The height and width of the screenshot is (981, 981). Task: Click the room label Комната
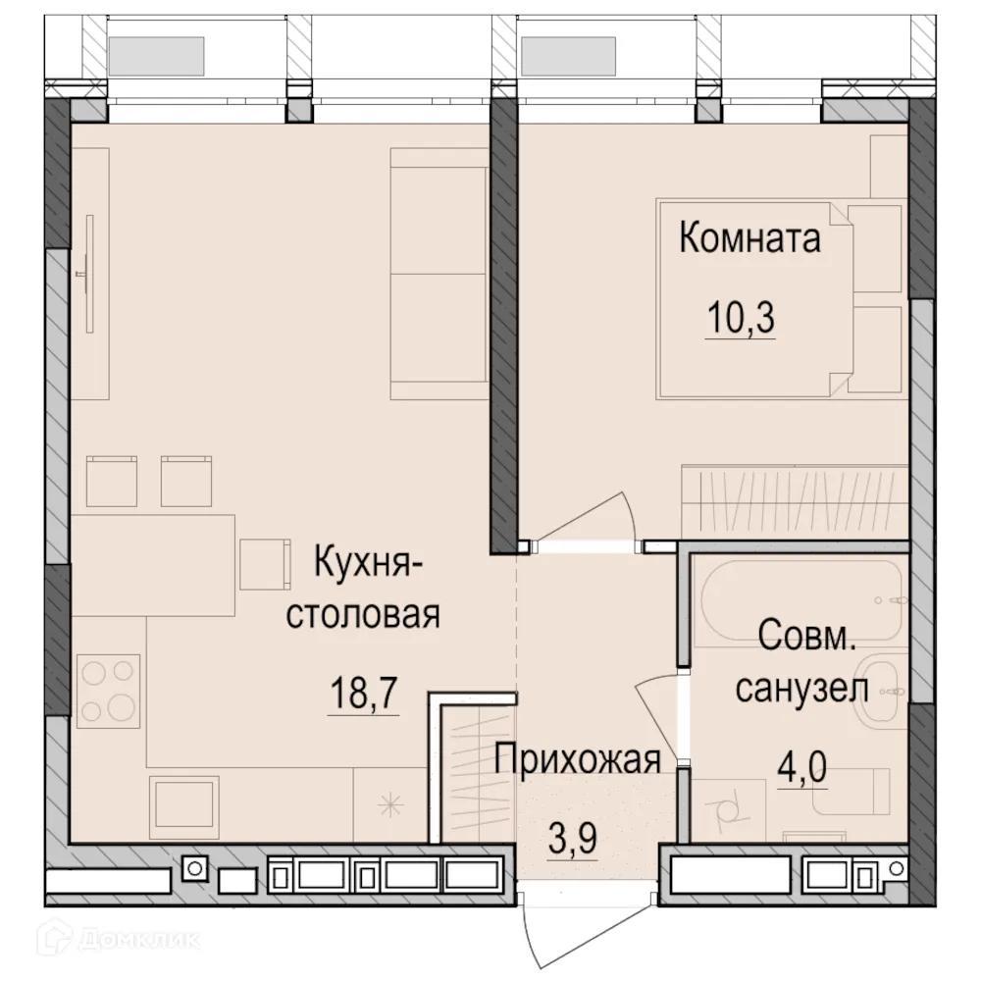click(x=749, y=238)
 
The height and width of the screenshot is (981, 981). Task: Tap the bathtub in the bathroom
click(x=800, y=598)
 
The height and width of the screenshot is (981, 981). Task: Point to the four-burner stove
click(x=108, y=692)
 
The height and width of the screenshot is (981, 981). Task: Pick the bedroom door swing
click(x=603, y=520)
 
